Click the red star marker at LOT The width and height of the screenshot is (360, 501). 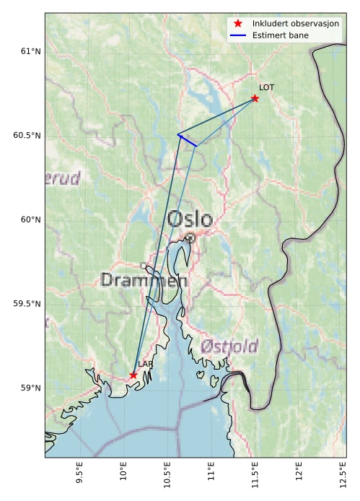click(255, 98)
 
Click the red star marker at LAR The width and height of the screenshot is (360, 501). click(133, 375)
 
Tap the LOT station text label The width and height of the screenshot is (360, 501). click(266, 87)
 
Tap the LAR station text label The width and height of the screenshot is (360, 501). click(145, 365)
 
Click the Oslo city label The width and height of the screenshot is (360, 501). click(190, 219)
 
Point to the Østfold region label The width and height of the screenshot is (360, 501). click(229, 346)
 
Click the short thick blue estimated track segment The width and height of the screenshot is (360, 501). click(187, 140)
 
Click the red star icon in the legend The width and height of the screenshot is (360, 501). click(238, 24)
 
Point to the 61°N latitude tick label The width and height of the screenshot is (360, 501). click(30, 51)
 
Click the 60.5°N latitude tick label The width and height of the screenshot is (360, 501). click(27, 136)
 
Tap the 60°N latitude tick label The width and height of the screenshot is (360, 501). click(30, 219)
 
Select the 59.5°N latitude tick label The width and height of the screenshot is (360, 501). click(27, 304)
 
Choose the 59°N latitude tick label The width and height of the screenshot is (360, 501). click(30, 388)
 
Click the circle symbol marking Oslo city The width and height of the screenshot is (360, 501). click(190, 238)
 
